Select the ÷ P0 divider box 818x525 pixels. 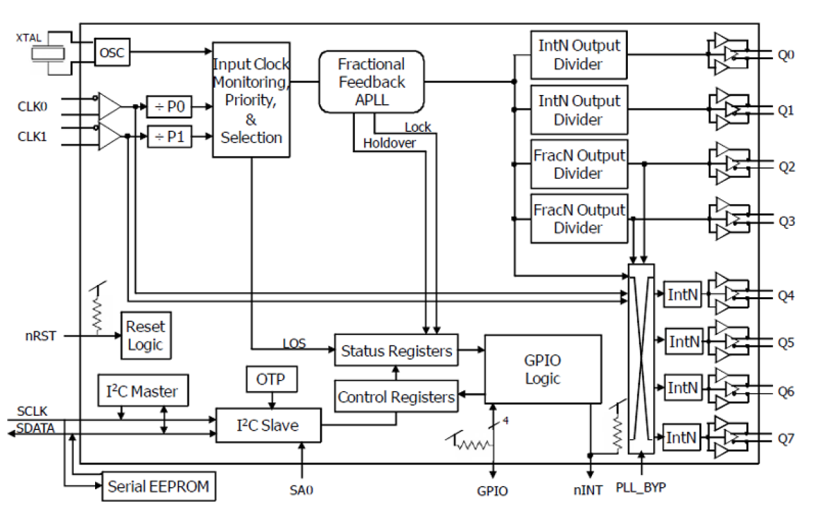(169, 107)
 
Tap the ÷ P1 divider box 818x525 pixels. (169, 136)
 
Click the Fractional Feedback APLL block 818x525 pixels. (371, 82)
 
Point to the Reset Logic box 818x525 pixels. (145, 335)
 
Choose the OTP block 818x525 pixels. (270, 379)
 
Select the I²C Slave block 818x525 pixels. (268, 425)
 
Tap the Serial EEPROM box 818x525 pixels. (159, 485)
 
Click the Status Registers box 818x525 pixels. (396, 351)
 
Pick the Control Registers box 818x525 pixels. (396, 397)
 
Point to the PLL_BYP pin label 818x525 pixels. (641, 487)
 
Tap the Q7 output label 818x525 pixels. (786, 439)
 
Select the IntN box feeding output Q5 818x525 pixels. (683, 341)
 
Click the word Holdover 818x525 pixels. (389, 143)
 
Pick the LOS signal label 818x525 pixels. (294, 342)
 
